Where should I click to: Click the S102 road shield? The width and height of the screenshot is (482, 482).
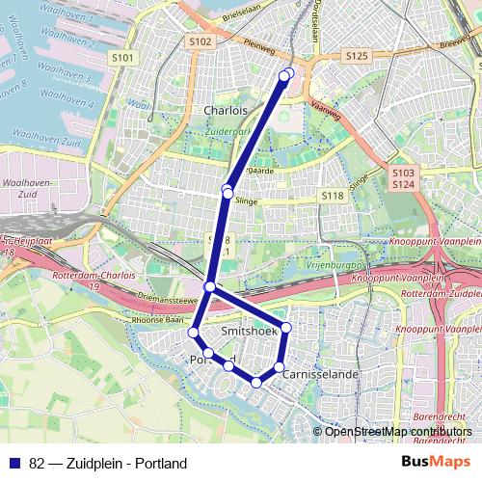click(x=201, y=41)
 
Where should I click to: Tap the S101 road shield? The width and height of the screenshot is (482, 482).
click(x=122, y=58)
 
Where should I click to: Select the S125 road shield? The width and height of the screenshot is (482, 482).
click(x=356, y=57)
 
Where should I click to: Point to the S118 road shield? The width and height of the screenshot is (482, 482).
click(x=333, y=196)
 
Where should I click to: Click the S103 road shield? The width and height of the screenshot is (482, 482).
click(x=403, y=173)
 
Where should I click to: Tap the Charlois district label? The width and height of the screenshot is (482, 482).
click(x=226, y=111)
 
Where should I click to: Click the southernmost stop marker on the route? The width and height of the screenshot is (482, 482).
click(x=256, y=383)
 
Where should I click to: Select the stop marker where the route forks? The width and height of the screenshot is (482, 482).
click(x=210, y=286)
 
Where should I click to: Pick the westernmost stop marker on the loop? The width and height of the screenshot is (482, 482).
click(x=193, y=333)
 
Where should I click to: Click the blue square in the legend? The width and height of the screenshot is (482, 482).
click(x=13, y=464)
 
